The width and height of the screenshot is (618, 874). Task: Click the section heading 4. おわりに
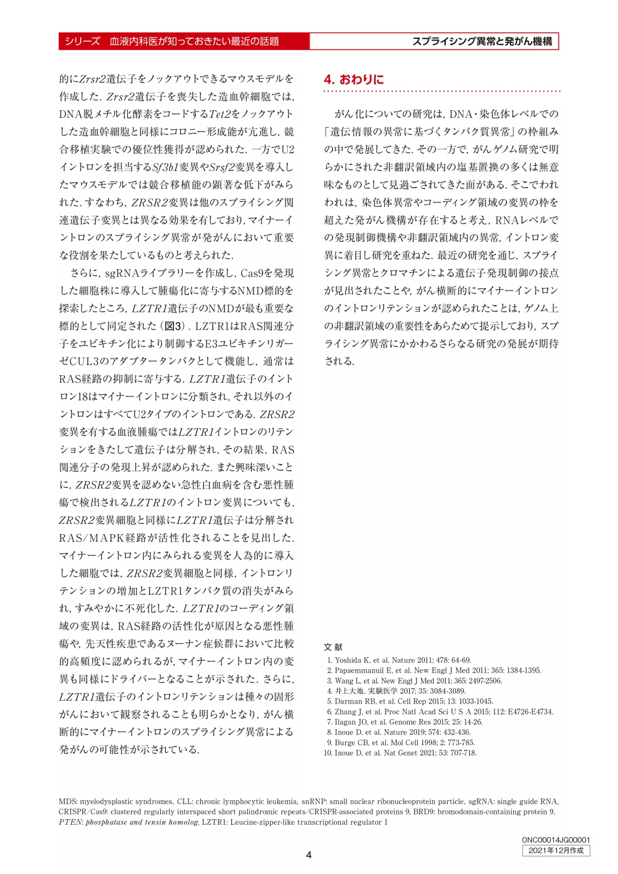pyautogui.click(x=354, y=80)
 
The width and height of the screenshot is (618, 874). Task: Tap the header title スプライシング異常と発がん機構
pyautogui.click(x=482, y=41)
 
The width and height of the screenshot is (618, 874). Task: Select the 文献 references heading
pyautogui.click(x=333, y=647)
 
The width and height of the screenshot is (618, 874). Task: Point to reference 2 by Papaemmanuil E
pyautogui.click(x=434, y=670)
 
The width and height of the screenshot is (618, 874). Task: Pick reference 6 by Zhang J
pyautogui.click(x=439, y=712)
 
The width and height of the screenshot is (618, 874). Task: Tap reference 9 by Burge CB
pyautogui.click(x=401, y=742)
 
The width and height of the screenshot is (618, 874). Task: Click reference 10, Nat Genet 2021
pyautogui.click(x=400, y=753)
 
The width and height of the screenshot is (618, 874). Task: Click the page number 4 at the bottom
pyautogui.click(x=309, y=855)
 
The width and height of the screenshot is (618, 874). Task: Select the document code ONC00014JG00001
pyautogui.click(x=556, y=840)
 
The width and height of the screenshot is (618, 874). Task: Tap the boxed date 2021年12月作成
pyautogui.click(x=556, y=851)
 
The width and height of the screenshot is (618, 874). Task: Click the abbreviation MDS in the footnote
pyautogui.click(x=67, y=801)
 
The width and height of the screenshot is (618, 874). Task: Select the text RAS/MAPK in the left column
pyautogui.click(x=92, y=538)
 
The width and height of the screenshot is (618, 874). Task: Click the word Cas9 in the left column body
pyautogui.click(x=251, y=273)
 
